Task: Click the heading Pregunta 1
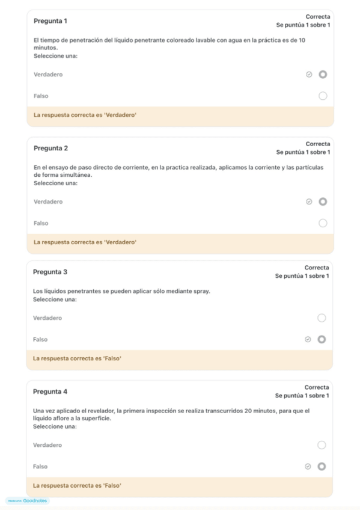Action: [50, 21]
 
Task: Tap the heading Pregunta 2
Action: [50, 148]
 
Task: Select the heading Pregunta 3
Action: [50, 272]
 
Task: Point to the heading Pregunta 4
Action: [50, 392]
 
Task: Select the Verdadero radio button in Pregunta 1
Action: [323, 75]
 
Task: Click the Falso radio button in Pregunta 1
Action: [323, 96]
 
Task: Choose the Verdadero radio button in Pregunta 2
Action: [323, 201]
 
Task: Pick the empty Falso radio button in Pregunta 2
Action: [323, 223]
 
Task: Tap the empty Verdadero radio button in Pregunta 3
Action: [322, 318]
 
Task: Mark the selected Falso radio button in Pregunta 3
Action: [322, 339]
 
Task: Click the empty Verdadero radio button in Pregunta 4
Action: [322, 445]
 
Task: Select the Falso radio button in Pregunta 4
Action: [322, 466]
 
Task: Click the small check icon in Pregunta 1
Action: [309, 75]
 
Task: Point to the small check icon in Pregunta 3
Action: [308, 339]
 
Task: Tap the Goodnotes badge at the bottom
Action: [28, 500]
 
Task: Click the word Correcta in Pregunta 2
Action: [318, 144]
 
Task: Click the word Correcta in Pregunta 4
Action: [317, 387]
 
